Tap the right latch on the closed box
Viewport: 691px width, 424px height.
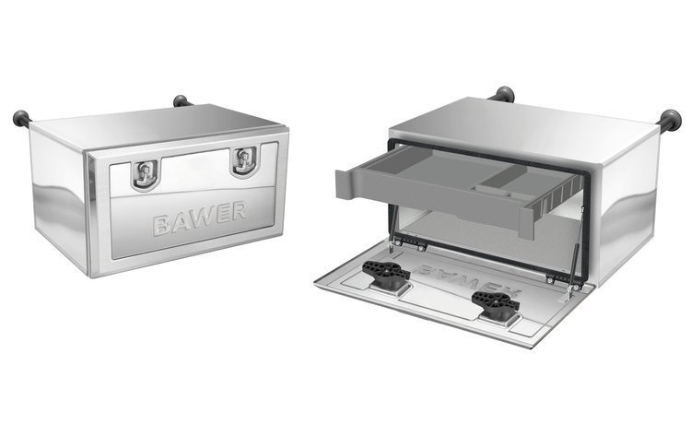coord(243,160)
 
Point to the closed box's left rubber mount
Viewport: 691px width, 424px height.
coord(19,118)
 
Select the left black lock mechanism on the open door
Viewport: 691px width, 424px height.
coord(386,273)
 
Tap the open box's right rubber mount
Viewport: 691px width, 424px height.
coord(670,120)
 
